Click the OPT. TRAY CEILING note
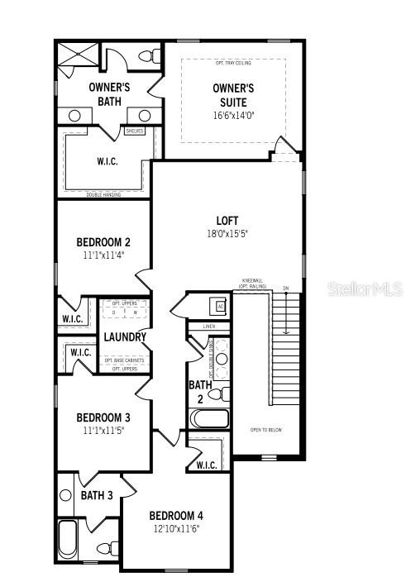(x=234, y=64)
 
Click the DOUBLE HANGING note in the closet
(x=103, y=194)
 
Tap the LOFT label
(x=227, y=221)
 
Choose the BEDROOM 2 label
(x=103, y=242)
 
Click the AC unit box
(x=220, y=306)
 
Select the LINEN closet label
(x=208, y=327)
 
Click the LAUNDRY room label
(x=125, y=337)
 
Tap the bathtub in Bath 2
(x=209, y=417)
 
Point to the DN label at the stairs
(x=286, y=288)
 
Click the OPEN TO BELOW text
(x=266, y=430)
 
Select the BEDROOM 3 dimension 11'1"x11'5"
(x=103, y=431)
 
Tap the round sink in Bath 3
(x=67, y=495)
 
